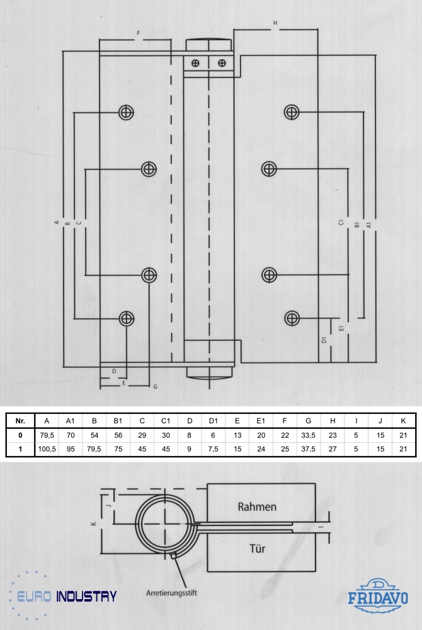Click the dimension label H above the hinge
coord(275,23)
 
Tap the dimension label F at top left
coord(139,33)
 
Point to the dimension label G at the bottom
coord(156,387)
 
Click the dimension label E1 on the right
coord(341,328)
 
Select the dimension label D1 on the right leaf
coord(324,340)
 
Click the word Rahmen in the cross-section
coord(257,507)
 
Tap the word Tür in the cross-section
coord(258,549)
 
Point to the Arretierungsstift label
coord(171,593)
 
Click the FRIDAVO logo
coord(378,596)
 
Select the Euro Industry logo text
coord(67,596)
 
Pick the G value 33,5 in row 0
coord(309,435)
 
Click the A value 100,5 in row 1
coord(47,449)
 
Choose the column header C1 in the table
coord(166,421)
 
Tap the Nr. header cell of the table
coord(20,421)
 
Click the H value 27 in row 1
coord(333,449)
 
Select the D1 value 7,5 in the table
coord(214,449)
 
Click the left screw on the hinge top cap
coord(195,63)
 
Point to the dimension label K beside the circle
coord(94,524)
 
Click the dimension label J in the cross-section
coord(108,506)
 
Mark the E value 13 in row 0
coord(237,435)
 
